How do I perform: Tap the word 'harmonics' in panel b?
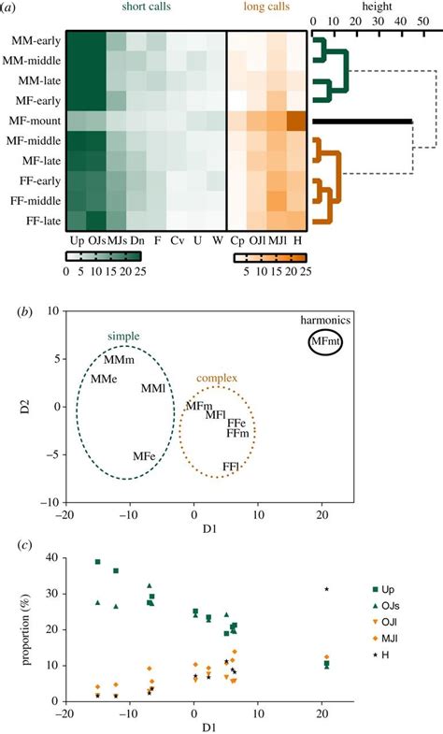click(x=328, y=321)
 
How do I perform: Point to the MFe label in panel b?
click(x=144, y=455)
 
